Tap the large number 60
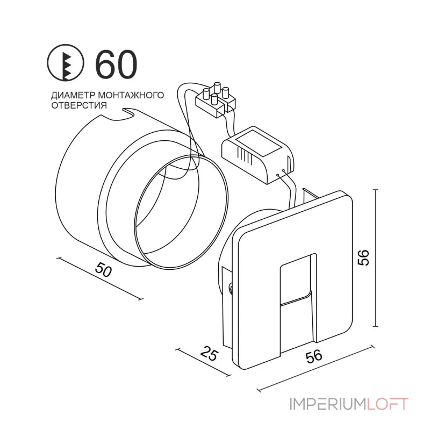[116, 64]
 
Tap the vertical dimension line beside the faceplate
[375, 258]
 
